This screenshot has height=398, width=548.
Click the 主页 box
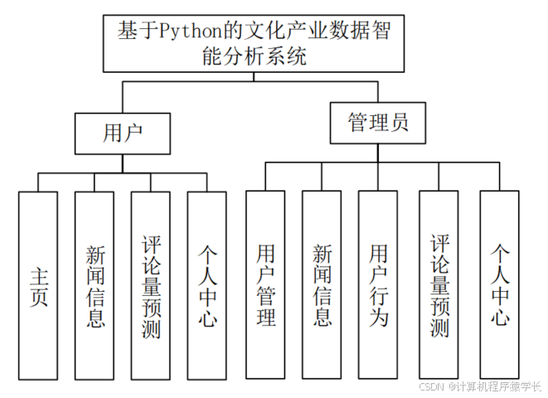click(38, 286)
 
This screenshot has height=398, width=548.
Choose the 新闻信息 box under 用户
click(95, 286)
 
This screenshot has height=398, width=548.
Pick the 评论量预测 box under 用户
click(151, 286)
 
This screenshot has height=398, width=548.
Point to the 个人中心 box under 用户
click(206, 286)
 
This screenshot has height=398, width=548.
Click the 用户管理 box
click(265, 286)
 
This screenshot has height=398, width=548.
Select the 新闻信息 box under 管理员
click(322, 286)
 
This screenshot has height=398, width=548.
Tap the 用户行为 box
click(378, 286)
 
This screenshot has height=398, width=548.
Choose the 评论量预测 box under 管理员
click(439, 286)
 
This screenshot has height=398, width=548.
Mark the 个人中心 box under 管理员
click(499, 286)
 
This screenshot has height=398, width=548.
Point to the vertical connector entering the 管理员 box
click(378, 91)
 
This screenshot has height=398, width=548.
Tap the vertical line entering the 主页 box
click(38, 182)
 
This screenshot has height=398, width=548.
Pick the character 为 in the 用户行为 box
click(378, 317)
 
